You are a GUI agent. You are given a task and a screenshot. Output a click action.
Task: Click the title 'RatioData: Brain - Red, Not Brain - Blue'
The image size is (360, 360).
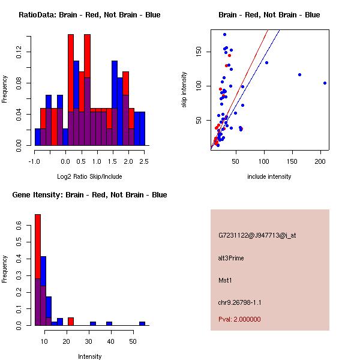pyautogui.click(x=89, y=15)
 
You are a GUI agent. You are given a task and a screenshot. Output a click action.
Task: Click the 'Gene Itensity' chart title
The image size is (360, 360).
pyautogui.click(x=89, y=195)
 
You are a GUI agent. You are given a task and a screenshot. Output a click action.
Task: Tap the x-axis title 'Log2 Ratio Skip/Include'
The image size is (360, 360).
pyautogui.click(x=89, y=176)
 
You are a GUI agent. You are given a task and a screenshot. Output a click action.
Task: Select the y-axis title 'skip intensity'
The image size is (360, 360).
pyautogui.click(x=184, y=90)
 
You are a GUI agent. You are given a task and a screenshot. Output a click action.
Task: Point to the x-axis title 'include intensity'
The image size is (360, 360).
pyautogui.click(x=269, y=176)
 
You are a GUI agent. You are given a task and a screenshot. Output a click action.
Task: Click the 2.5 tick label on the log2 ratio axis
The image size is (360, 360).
pyautogui.click(x=144, y=161)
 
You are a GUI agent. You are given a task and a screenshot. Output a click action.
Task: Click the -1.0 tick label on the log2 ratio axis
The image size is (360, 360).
pyautogui.click(x=35, y=161)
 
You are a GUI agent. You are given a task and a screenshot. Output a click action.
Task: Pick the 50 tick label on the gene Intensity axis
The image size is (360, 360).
pyautogui.click(x=133, y=341)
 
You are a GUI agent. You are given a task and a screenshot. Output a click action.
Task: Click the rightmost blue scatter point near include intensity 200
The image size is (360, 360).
pyautogui.click(x=325, y=83)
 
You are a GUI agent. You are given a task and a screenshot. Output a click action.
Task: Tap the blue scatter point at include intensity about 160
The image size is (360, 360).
pyautogui.click(x=299, y=74)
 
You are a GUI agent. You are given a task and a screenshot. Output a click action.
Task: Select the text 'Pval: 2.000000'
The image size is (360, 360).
pyautogui.click(x=239, y=319)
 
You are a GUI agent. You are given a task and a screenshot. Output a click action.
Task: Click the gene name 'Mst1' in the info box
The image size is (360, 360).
pyautogui.click(x=225, y=280)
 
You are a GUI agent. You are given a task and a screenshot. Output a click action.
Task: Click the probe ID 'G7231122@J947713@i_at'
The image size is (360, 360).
pyautogui.click(x=257, y=235)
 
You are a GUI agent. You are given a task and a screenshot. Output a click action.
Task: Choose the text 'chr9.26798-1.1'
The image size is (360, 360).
pyautogui.click(x=239, y=302)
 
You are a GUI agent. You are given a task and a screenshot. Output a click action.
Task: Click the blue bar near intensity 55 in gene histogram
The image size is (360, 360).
pyautogui.click(x=142, y=323)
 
